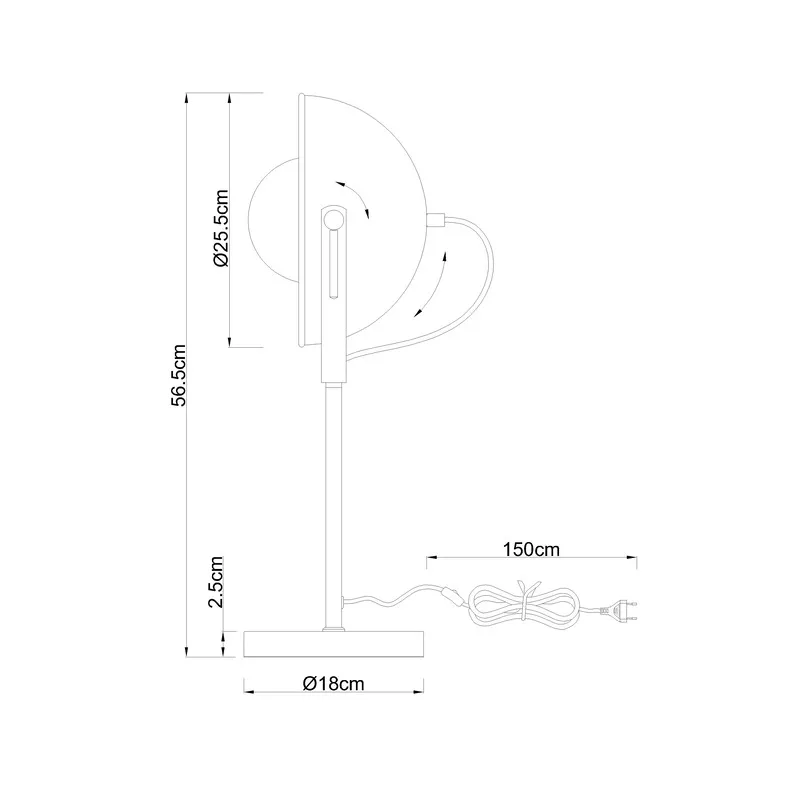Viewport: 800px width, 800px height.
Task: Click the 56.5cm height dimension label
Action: point(179,375)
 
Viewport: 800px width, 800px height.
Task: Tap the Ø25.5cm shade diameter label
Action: point(221,228)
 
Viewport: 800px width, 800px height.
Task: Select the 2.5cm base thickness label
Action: point(216,582)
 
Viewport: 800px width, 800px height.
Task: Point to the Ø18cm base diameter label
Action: point(334,683)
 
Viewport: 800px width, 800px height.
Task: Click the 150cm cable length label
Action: point(531,549)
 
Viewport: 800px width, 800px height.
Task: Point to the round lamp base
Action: point(334,644)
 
